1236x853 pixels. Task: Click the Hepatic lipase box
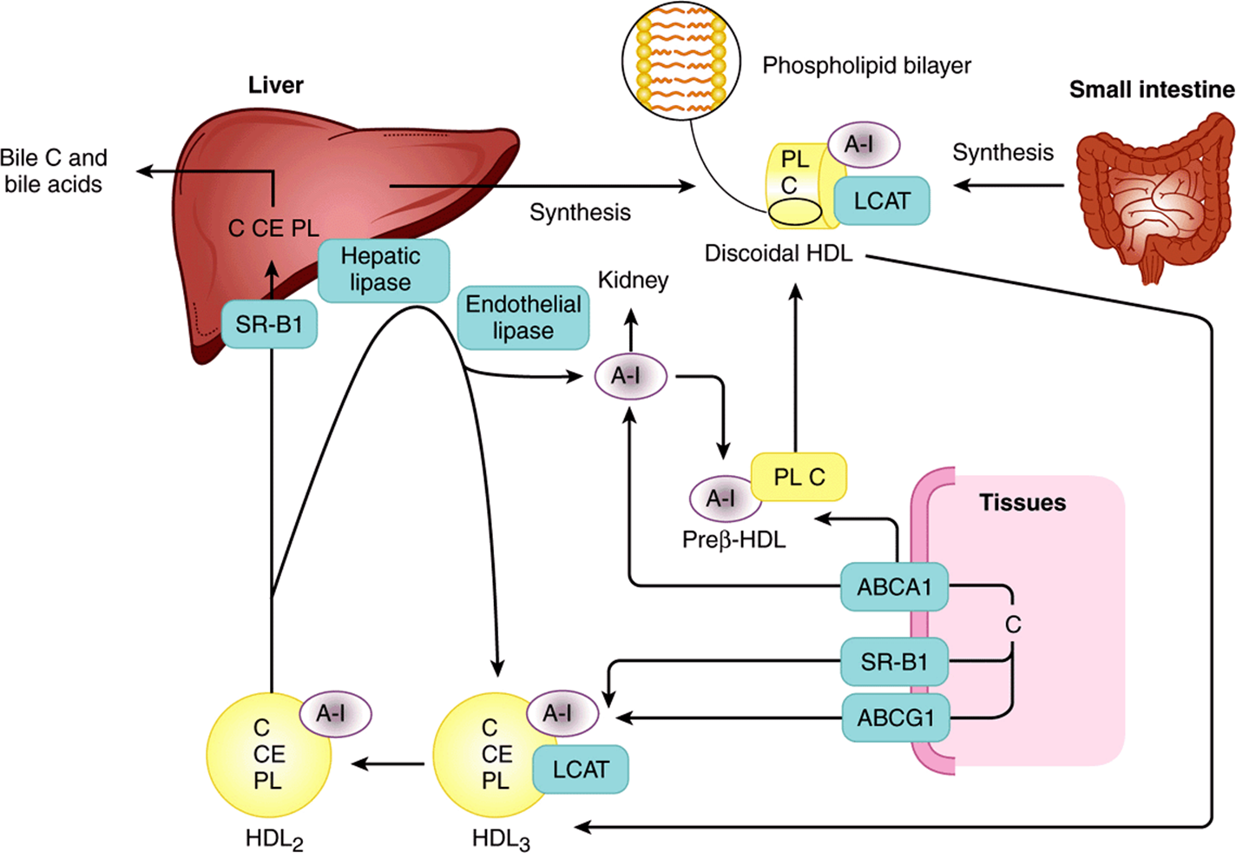(384, 270)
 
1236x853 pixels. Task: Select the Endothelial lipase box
(523, 317)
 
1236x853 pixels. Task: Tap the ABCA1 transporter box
(894, 587)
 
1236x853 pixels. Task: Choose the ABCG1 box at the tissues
(896, 717)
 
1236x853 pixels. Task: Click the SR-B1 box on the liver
(269, 324)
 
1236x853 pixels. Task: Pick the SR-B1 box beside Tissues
(894, 661)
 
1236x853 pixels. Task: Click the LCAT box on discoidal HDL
(882, 201)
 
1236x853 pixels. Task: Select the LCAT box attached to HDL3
(581, 770)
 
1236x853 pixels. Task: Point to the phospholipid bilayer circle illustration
(681, 61)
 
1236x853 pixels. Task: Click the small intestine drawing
(1154, 196)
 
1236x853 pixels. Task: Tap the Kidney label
(633, 280)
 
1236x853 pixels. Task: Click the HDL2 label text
(274, 840)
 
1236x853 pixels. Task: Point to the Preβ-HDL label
(734, 539)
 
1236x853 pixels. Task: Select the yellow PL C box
(799, 477)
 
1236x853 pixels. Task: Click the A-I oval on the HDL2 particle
(336, 714)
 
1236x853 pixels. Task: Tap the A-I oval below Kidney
(631, 376)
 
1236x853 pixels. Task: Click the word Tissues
(1022, 502)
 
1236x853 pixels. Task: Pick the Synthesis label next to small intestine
(1003, 153)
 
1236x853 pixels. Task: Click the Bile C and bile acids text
(54, 170)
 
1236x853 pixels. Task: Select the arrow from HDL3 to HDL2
(388, 764)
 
